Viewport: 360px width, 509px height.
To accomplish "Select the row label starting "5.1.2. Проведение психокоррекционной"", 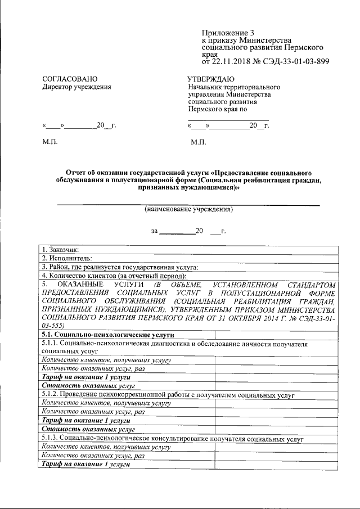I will click(169, 395).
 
